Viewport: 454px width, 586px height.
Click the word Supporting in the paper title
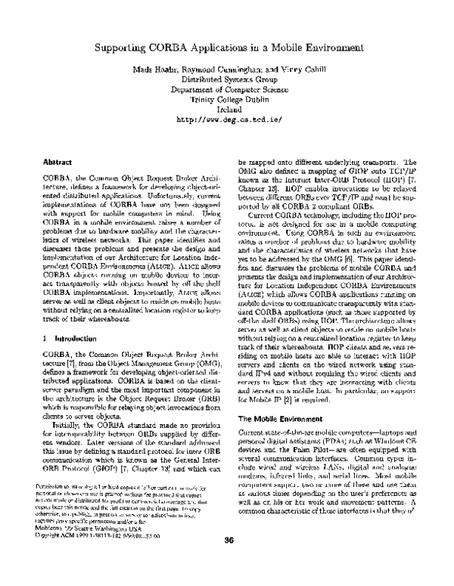tap(123, 47)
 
